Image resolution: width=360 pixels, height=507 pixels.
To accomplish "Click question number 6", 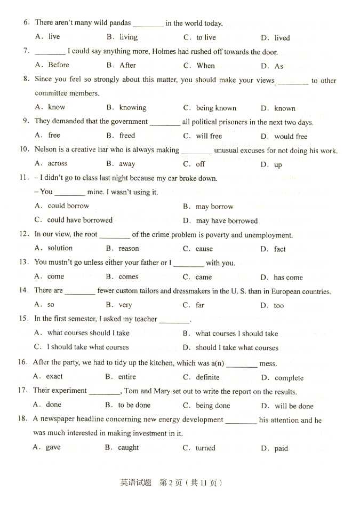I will point(26,22).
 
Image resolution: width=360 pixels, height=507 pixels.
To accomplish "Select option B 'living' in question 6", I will point(128,37).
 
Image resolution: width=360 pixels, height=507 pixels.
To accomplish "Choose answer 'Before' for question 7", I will point(59,65).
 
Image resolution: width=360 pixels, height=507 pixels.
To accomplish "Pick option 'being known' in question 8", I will point(216,108).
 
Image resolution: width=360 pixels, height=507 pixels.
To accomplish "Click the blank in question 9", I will point(165,122).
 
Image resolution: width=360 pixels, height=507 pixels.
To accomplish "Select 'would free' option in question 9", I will point(291,137).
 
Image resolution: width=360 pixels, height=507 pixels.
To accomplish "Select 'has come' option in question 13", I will point(288,278).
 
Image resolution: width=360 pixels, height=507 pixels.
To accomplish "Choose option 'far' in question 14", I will point(200,305).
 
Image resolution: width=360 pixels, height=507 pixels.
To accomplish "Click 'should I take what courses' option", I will point(237,348).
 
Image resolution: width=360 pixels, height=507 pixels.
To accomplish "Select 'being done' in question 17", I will point(213,406).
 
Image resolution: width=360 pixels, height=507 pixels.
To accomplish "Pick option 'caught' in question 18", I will point(128,448).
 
